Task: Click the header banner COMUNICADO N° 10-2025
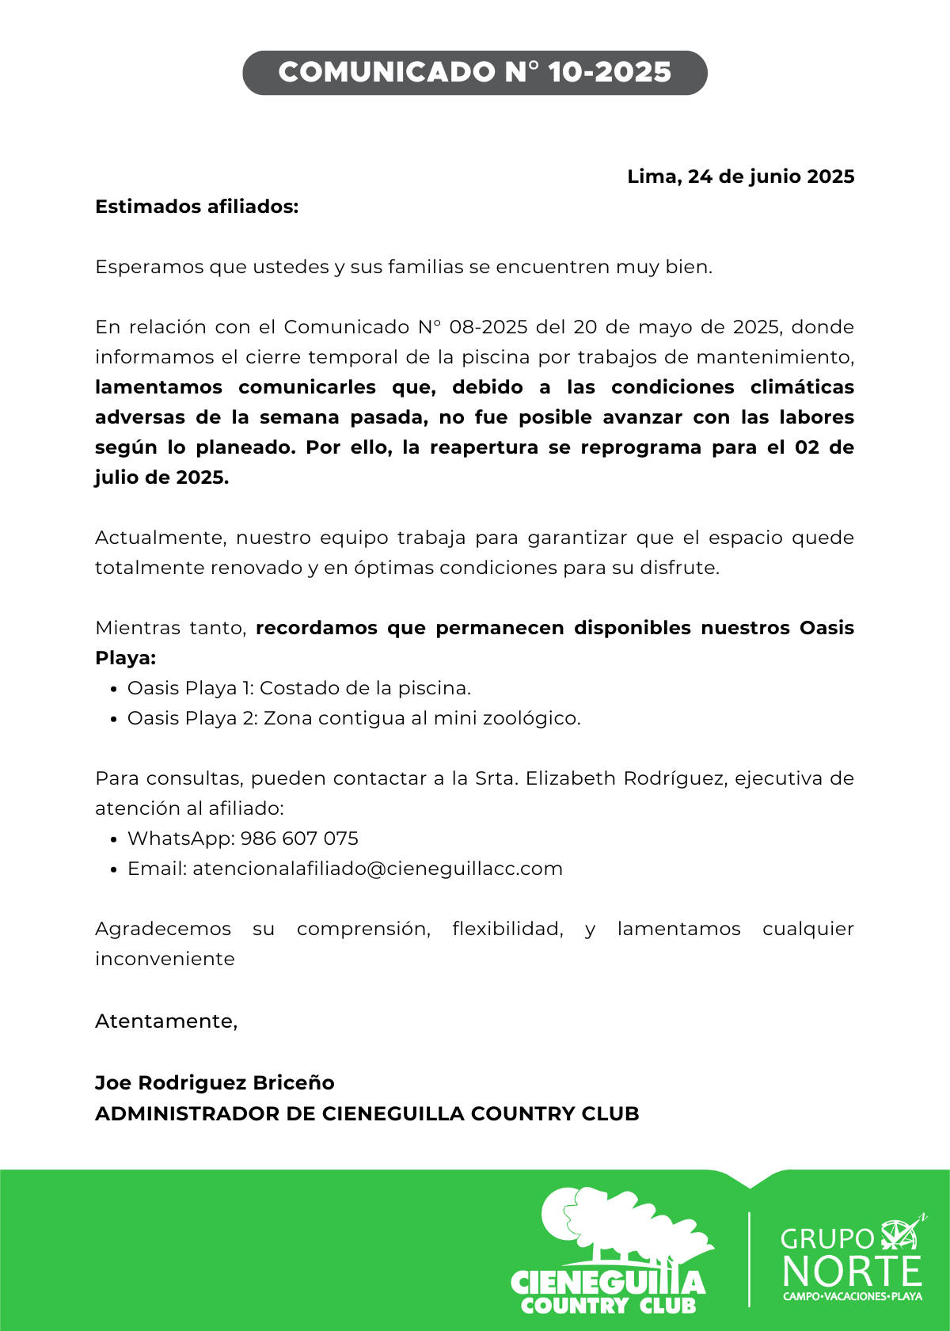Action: [x=475, y=73]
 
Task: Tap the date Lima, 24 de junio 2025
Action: [x=740, y=177]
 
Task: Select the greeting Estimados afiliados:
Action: [x=197, y=207]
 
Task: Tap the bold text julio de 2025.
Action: [x=162, y=477]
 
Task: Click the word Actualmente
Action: [x=160, y=538]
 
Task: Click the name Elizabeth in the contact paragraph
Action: [x=570, y=778]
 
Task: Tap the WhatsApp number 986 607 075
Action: [x=299, y=839]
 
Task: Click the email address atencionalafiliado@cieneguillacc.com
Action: [x=378, y=869]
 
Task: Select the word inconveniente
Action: [x=165, y=959]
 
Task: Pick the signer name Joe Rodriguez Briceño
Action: [x=215, y=1082]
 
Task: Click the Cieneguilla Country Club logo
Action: [x=610, y=1252]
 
